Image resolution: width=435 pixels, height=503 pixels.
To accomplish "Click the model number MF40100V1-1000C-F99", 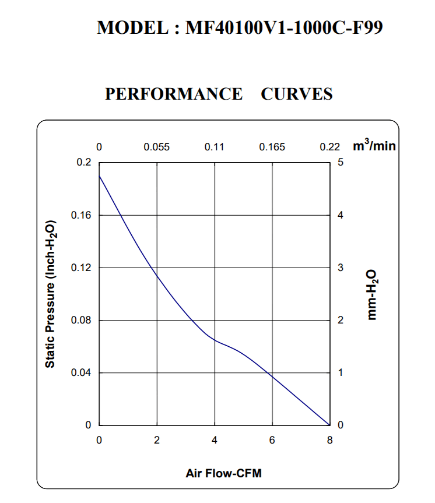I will [x=283, y=28].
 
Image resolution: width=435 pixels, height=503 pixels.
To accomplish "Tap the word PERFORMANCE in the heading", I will [x=173, y=94].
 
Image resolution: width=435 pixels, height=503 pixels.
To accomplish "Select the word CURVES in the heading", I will [x=297, y=94].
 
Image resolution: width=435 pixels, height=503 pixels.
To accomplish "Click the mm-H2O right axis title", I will [x=373, y=294].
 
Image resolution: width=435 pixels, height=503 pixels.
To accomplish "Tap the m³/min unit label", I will [x=374, y=146].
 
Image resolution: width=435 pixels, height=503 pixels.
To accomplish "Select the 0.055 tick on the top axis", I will [x=156, y=147].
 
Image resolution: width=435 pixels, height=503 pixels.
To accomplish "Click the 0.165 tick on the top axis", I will [x=272, y=147].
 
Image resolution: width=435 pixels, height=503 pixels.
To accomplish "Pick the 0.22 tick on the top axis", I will [x=329, y=147].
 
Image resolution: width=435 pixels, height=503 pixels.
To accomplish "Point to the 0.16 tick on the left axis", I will [x=80, y=215].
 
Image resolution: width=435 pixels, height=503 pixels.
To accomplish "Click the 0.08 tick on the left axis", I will [x=80, y=321].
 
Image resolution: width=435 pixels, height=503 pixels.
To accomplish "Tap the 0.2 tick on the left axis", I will [x=84, y=163].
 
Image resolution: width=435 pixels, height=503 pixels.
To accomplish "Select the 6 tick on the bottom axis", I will [x=272, y=440].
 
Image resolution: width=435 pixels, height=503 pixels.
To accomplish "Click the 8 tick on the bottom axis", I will [x=329, y=440].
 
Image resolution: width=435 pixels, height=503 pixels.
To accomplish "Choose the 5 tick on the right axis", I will [x=341, y=163].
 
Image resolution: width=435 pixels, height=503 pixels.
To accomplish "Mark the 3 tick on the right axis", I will [x=341, y=268].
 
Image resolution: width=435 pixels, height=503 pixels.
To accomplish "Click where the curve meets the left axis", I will [x=99, y=175].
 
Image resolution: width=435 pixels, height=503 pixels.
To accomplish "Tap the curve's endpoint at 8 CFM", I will [x=329, y=425].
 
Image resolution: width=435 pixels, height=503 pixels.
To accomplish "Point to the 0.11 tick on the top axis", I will [x=214, y=147].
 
